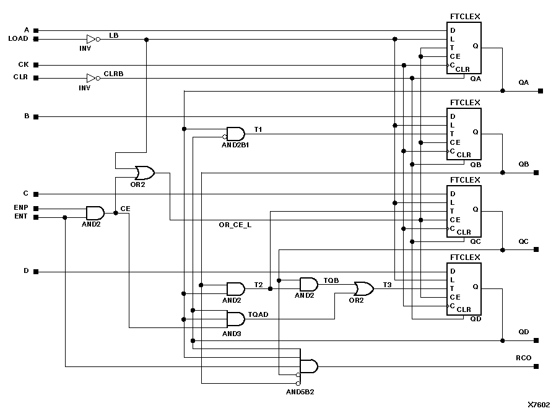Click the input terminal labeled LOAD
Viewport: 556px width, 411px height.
pos(36,39)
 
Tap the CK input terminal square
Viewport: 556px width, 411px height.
pos(36,65)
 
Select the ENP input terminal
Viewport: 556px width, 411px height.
pos(36,209)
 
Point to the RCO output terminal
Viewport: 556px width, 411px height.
pos(536,366)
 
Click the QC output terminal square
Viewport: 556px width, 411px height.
pos(536,249)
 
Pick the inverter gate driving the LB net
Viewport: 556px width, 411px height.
pos(92,39)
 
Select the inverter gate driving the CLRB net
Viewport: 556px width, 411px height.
pos(92,78)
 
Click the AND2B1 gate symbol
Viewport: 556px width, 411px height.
pos(235,134)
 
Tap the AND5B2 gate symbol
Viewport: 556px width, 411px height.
pos(308,366)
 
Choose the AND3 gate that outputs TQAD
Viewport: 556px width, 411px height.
pos(235,319)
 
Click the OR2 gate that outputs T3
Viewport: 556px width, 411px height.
pos(363,288)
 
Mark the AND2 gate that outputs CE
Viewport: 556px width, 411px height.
pos(95,213)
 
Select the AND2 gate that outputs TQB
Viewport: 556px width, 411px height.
pos(308,284)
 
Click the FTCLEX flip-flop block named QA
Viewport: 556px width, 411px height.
pos(464,48)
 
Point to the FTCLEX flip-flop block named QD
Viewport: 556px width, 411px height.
pos(464,288)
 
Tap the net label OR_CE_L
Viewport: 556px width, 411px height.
pos(236,225)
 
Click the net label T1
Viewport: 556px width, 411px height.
pos(258,129)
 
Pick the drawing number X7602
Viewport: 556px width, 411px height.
pos(538,404)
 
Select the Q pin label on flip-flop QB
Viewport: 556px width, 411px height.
pos(475,132)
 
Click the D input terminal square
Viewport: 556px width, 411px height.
pos(36,272)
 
